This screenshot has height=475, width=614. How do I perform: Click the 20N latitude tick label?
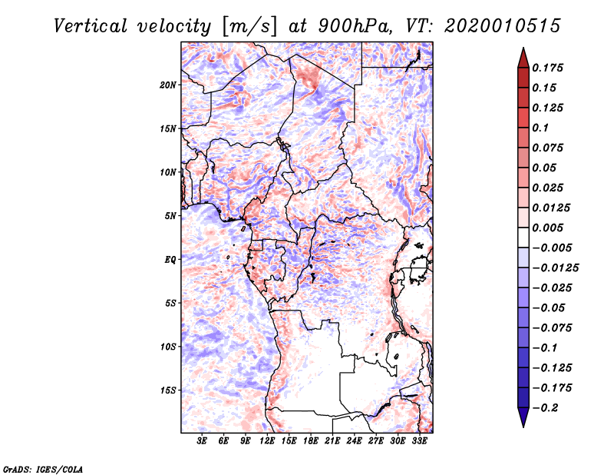[x=168, y=85]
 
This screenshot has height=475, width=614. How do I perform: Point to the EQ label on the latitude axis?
[x=170, y=260]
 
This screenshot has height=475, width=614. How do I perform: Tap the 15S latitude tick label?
[x=168, y=390]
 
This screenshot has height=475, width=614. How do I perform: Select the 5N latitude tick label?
[x=170, y=216]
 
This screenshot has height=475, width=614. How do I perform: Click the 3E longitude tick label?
[x=202, y=441]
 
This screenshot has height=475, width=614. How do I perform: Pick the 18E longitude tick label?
[x=310, y=441]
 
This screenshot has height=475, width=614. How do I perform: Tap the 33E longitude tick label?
[x=419, y=441]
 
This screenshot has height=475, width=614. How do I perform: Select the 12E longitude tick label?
[x=266, y=441]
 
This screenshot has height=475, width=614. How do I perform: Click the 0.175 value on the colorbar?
[x=547, y=68]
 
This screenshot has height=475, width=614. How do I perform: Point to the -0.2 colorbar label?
[x=545, y=408]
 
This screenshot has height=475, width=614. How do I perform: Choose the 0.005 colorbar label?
[x=547, y=228]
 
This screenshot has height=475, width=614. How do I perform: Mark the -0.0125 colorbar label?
[x=555, y=268]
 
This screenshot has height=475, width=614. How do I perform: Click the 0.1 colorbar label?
[x=540, y=128]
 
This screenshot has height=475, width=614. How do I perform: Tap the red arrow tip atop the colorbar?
[x=523, y=48]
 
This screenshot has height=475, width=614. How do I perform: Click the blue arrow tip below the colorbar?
[x=523, y=426]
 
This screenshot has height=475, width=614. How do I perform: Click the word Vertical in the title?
[x=90, y=26]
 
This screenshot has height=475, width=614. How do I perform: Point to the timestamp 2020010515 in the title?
[x=503, y=26]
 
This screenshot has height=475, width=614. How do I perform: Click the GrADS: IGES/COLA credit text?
[x=43, y=469]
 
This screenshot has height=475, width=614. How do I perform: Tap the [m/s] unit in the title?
[x=251, y=26]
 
